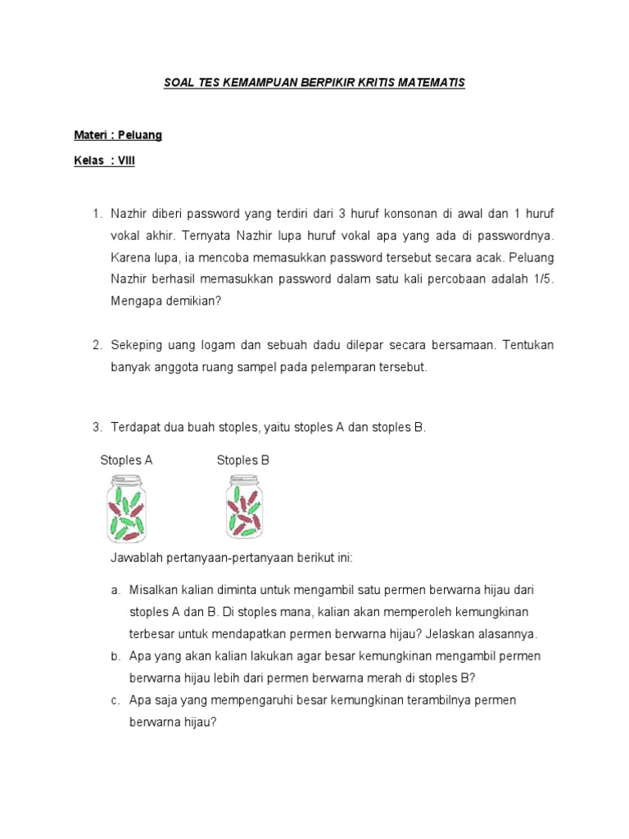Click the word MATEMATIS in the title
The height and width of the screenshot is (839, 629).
(x=429, y=84)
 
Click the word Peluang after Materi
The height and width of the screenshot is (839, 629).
(x=140, y=135)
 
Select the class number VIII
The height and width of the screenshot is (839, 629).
(x=126, y=161)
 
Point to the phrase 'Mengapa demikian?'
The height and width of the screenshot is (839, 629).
(x=166, y=301)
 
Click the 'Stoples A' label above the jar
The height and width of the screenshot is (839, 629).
(x=126, y=460)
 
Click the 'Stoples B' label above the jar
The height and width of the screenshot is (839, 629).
(x=242, y=460)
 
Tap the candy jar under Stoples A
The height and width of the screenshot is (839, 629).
(x=126, y=510)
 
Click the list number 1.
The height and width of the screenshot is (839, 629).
(x=97, y=214)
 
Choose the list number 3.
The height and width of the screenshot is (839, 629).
(x=97, y=427)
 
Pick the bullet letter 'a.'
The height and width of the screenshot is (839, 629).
(x=115, y=590)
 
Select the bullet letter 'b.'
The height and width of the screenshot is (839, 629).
(x=115, y=656)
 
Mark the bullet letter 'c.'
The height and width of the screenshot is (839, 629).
(x=115, y=701)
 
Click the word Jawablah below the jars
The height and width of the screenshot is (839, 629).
(x=137, y=558)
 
